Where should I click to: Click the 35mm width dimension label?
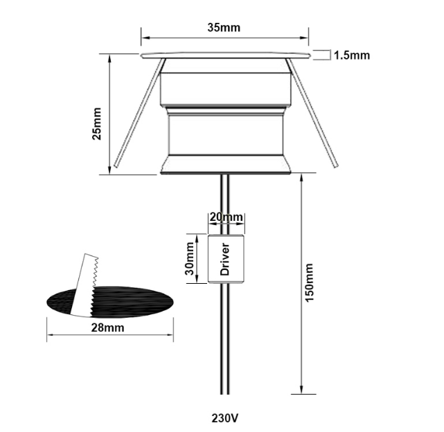pyautogui.click(x=224, y=28)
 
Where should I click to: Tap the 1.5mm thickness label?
pyautogui.click(x=351, y=55)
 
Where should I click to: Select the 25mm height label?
pyautogui.click(x=96, y=123)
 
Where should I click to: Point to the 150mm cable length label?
pyautogui.click(x=310, y=282)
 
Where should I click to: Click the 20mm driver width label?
pyautogui.click(x=226, y=217)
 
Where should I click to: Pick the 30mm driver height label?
pyautogui.click(x=188, y=259)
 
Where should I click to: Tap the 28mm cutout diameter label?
pyautogui.click(x=107, y=327)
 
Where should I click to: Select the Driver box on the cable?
pyautogui.click(x=226, y=259)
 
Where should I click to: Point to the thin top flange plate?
pyautogui.click(x=224, y=55)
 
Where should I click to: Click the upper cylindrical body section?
pyautogui.click(x=224, y=87)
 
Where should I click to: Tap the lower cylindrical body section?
pyautogui.click(x=224, y=135)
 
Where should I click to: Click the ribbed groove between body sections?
pyautogui.click(x=224, y=110)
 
